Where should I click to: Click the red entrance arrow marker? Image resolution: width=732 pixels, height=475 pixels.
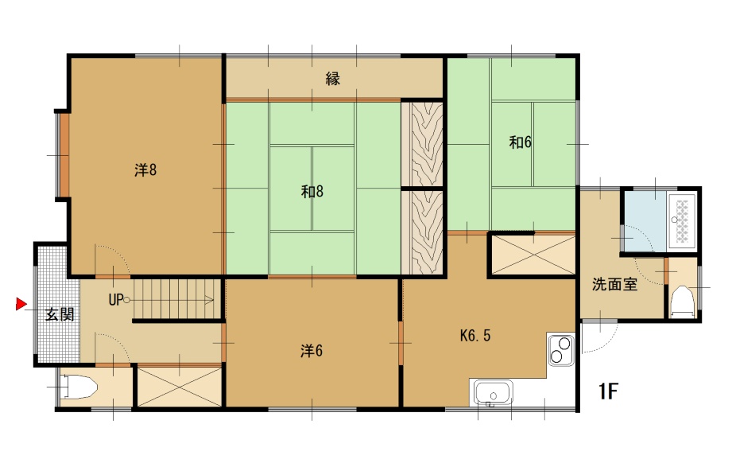click(21, 304)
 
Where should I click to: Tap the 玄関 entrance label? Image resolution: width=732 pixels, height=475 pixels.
click(60, 314)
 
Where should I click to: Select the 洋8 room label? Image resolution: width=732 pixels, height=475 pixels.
click(145, 169)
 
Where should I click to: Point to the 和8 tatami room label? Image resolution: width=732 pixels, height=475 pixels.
click(312, 191)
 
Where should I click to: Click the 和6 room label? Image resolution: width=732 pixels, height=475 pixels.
click(520, 142)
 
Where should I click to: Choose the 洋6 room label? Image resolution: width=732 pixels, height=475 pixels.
click(312, 350)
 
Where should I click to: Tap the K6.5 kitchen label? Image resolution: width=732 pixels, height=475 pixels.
click(475, 335)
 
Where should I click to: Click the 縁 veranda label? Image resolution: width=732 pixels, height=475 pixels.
click(333, 78)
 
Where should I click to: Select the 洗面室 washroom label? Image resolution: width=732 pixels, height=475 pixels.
click(615, 284)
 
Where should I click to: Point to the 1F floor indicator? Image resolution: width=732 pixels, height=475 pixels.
click(608, 391)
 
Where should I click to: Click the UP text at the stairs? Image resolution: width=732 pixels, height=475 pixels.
click(116, 300)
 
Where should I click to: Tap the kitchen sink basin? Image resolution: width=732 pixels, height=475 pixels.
click(494, 391)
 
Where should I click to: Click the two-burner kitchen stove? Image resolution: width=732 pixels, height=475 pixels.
click(560, 350)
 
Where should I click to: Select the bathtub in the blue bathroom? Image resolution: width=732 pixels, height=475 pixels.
click(683, 220)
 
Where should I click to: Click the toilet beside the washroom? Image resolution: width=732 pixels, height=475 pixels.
click(682, 301)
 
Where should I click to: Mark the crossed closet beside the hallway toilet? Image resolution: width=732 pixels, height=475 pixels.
click(180, 387)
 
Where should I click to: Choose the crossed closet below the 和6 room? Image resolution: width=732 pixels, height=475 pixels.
click(533, 255)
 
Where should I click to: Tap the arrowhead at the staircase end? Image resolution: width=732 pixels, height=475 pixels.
click(211, 300)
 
